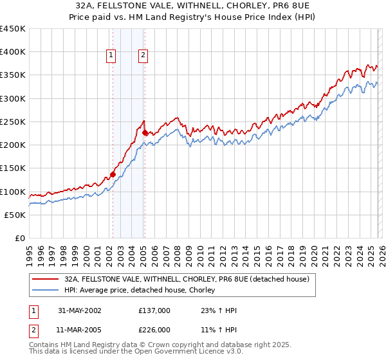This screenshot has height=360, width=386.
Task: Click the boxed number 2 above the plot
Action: pos(142,55)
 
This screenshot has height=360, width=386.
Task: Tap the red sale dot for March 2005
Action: pos(145,133)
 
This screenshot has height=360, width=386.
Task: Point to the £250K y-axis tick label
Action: pos(14,122)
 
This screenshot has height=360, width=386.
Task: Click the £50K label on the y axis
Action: pos(16,215)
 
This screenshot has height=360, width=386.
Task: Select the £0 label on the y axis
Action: pos(21,238)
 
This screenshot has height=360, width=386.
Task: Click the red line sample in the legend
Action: pos(46,279)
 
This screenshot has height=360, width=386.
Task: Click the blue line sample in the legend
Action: pos(46,291)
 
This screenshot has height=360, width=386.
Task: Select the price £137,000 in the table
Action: pos(154,310)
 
